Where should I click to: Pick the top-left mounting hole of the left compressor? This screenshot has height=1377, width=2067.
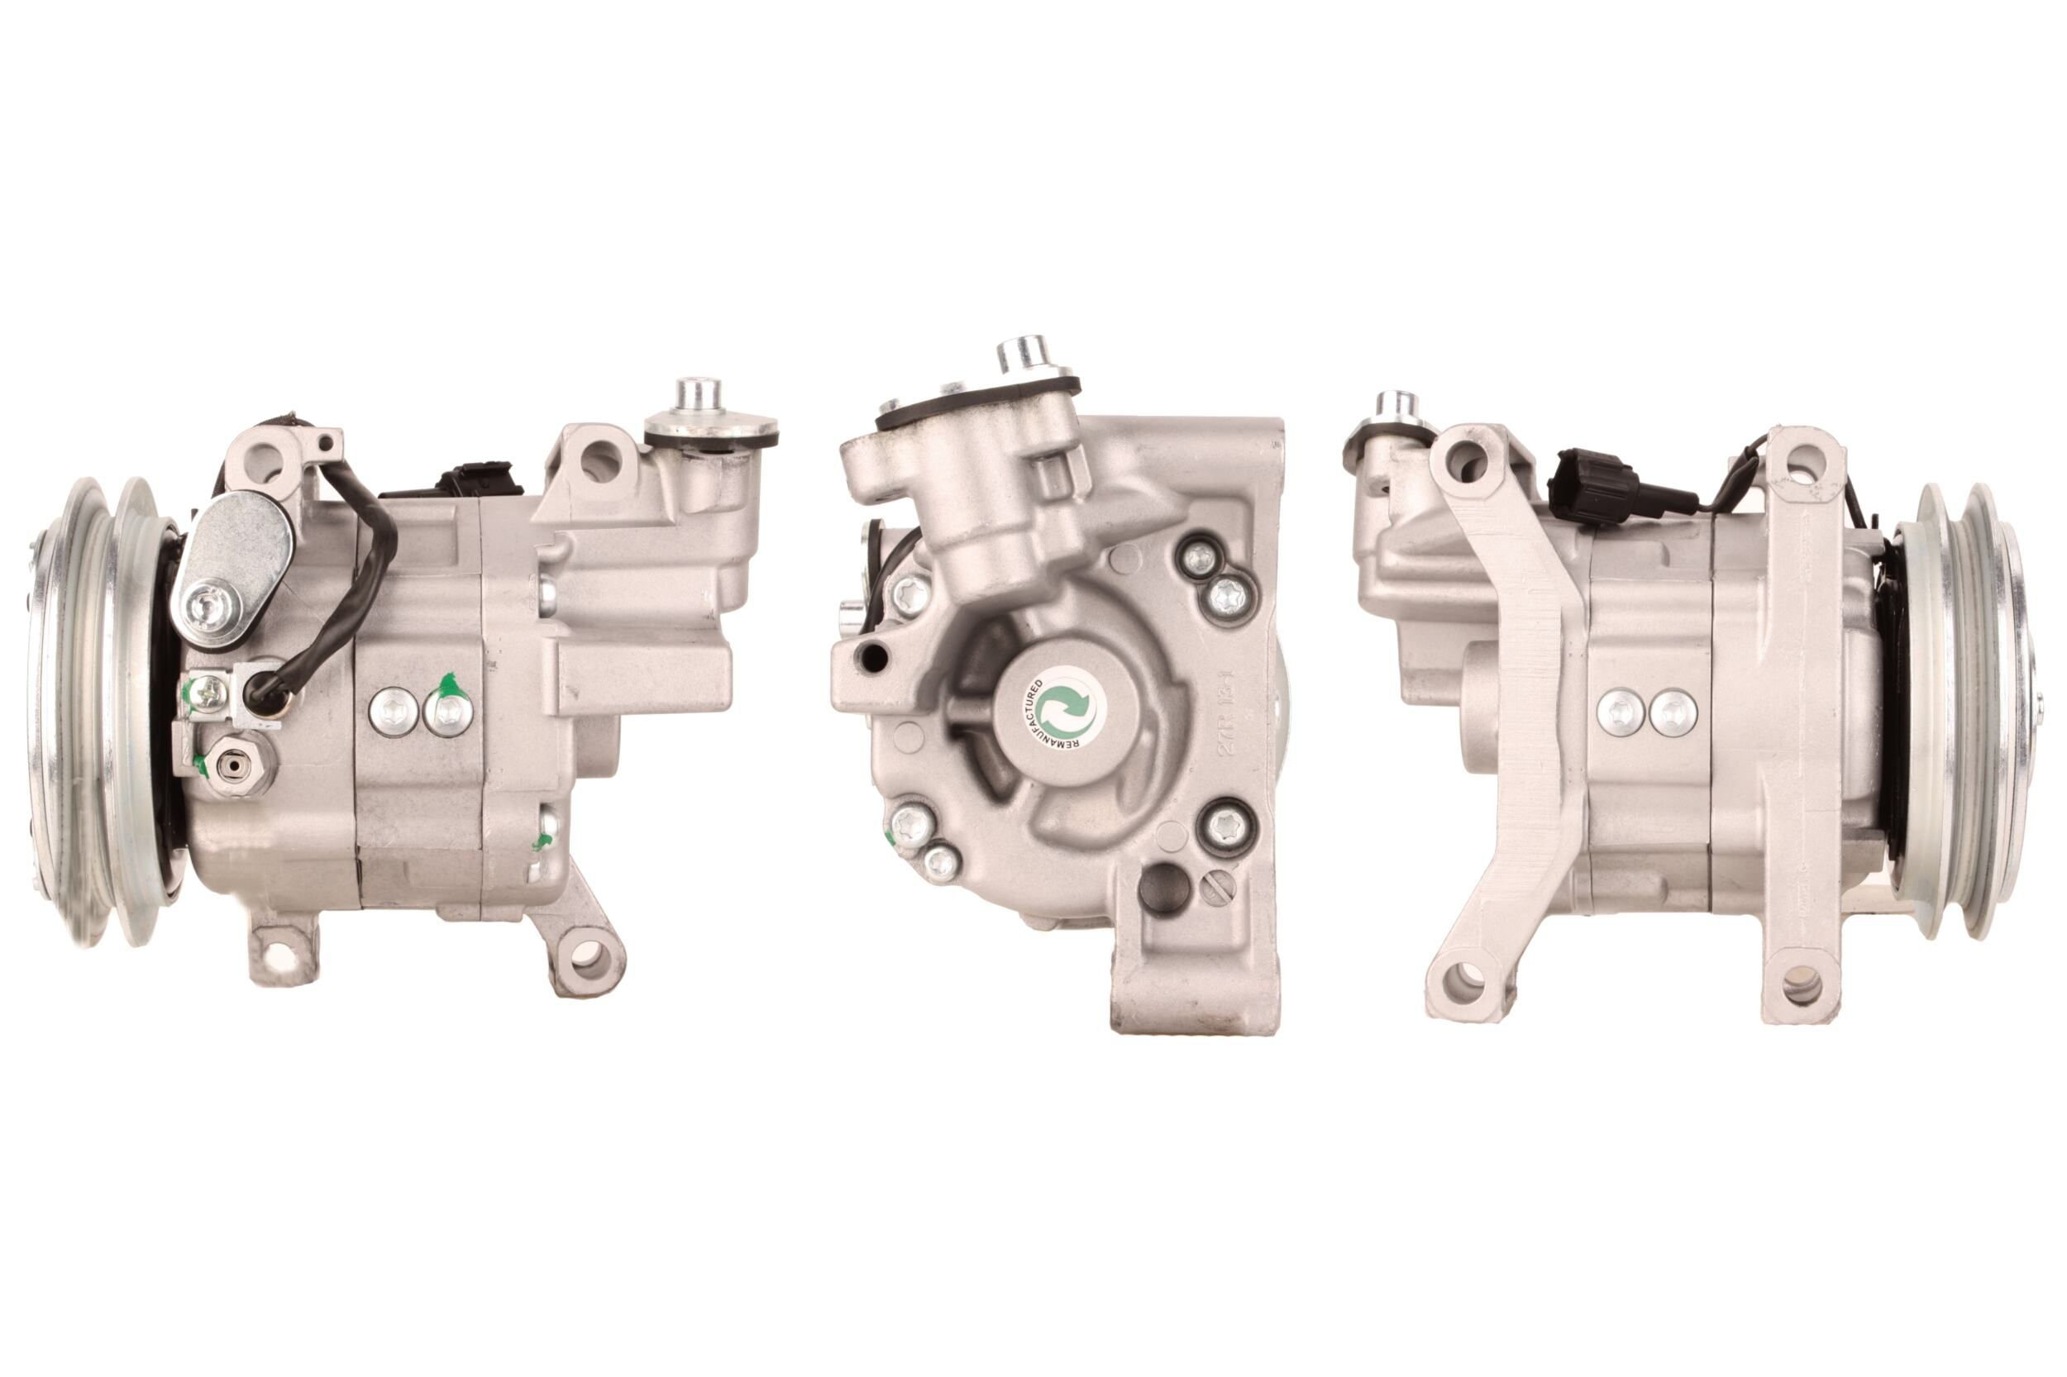tap(262, 455)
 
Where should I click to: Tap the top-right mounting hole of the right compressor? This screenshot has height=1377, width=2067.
tap(1799, 459)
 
